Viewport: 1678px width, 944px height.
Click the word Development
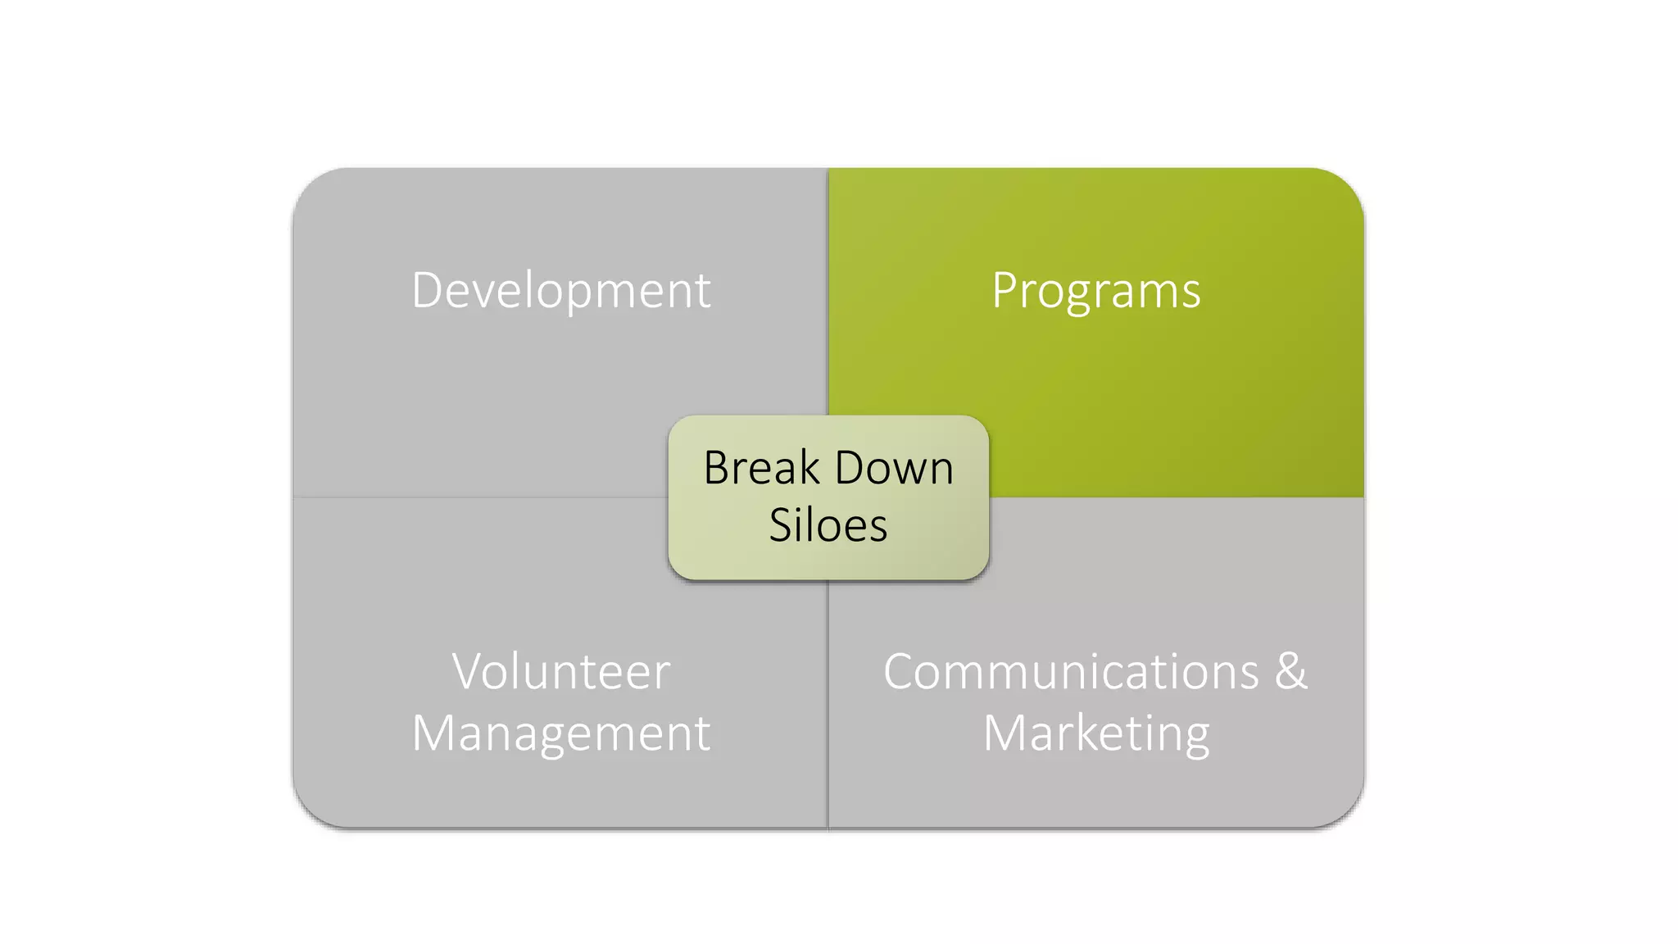pos(561,291)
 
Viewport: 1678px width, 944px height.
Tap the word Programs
pos(1096,291)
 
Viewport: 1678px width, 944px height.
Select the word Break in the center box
pos(761,468)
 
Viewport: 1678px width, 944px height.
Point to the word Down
pos(894,468)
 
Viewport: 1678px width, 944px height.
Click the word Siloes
pos(828,525)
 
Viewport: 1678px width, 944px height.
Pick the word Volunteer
pos(561,672)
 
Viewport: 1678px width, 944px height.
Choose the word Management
pos(561,733)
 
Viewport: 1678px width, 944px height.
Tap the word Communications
pos(1070,672)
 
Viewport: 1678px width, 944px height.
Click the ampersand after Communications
pos(1291,672)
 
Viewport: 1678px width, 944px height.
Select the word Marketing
pos(1096,733)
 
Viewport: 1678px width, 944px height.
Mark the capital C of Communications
pos(903,672)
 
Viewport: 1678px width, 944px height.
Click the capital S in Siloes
pos(781,525)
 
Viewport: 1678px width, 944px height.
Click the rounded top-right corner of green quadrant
pos(1344,188)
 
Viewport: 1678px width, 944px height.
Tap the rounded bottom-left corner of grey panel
pos(312,808)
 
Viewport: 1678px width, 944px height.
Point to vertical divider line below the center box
pos(828,705)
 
